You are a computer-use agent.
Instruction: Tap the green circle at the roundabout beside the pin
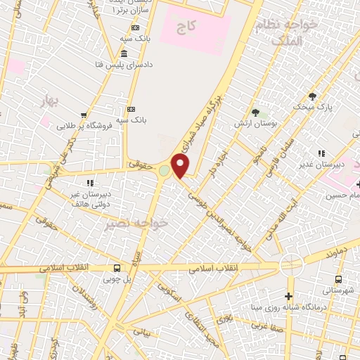(x=165, y=171)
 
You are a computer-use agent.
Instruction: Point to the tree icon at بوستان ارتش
(x=255, y=112)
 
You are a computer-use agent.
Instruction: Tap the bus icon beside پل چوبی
(x=117, y=268)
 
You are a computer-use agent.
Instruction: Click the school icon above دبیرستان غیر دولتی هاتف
(x=90, y=183)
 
